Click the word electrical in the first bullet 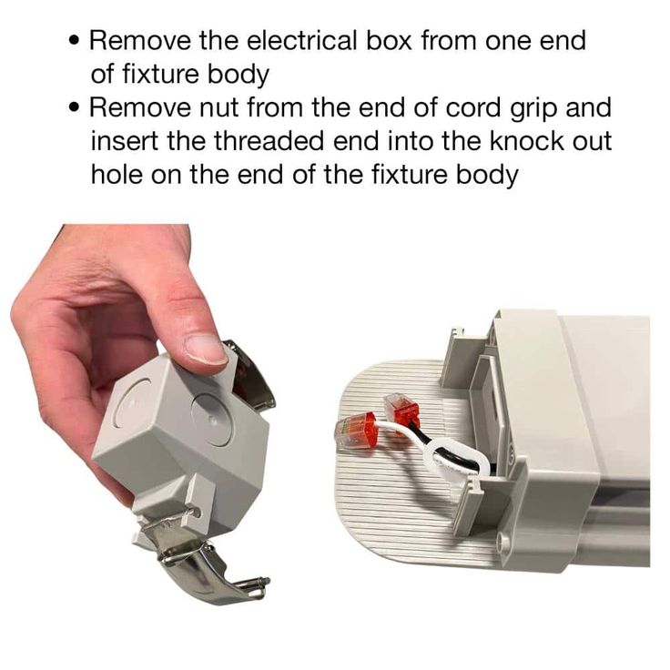301,41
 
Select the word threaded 269,141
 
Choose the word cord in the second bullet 472,107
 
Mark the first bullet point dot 76,42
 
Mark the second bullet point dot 76,108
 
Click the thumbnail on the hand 207,349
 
